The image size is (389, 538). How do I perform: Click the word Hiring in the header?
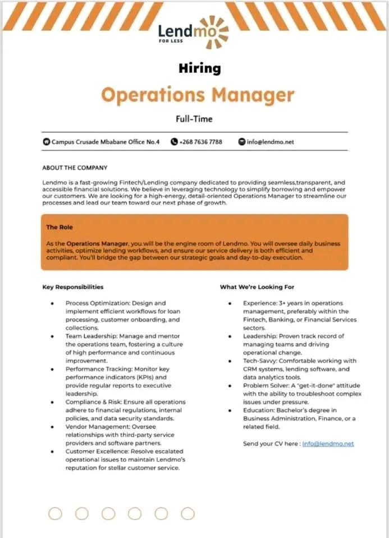pyautogui.click(x=199, y=68)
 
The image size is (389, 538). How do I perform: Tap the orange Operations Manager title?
pyautogui.click(x=197, y=94)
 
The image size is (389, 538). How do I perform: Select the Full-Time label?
pyautogui.click(x=194, y=119)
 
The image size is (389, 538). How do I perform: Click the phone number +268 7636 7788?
pyautogui.click(x=200, y=142)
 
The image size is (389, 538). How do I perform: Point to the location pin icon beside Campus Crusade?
pyautogui.click(x=47, y=142)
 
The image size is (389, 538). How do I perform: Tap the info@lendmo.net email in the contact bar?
pyautogui.click(x=270, y=142)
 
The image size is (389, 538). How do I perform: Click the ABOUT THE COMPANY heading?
pyautogui.click(x=75, y=168)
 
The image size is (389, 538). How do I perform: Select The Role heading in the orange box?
pyautogui.click(x=60, y=227)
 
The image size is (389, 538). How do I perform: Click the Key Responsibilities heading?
pyautogui.click(x=73, y=287)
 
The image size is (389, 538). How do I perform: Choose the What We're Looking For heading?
pyautogui.click(x=257, y=287)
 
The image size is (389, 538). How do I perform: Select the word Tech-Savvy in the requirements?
pyautogui.click(x=259, y=361)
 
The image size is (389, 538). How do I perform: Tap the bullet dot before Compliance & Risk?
pyautogui.click(x=52, y=402)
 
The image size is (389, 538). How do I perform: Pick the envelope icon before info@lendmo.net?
pyautogui.click(x=242, y=142)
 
